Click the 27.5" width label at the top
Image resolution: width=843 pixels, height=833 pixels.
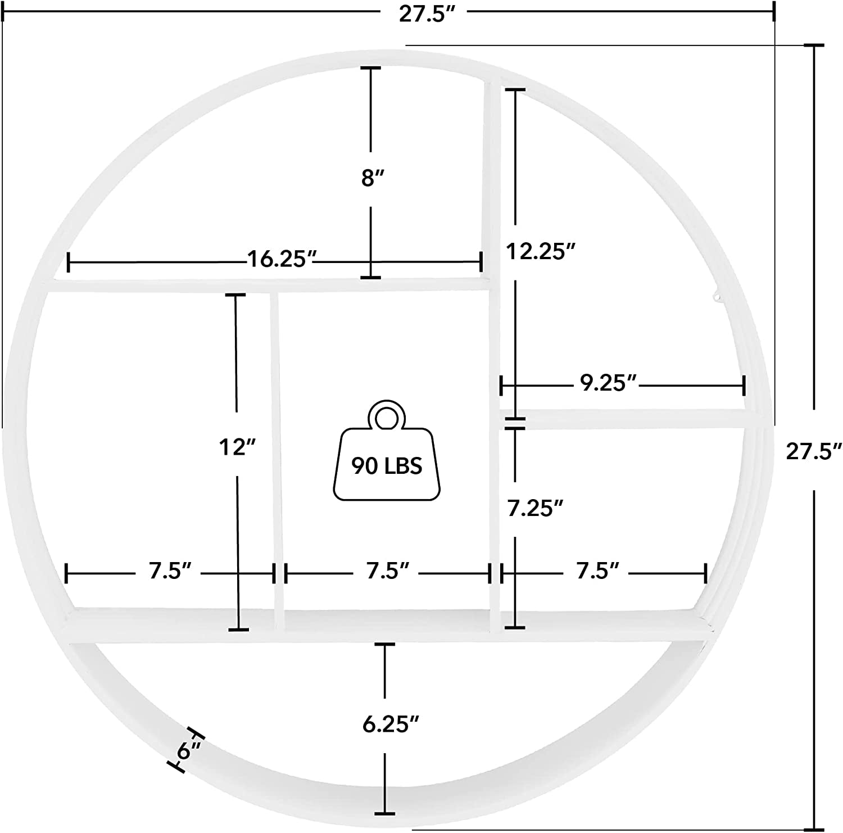pyautogui.click(x=426, y=14)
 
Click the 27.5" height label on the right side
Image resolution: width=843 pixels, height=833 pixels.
pyautogui.click(x=813, y=451)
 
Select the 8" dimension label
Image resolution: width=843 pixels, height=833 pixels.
pyautogui.click(x=371, y=179)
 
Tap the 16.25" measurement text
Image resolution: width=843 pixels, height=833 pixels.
pyautogui.click(x=283, y=260)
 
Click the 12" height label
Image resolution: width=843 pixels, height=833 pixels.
pyautogui.click(x=237, y=448)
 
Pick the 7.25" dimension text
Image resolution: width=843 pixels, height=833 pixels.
pyautogui.click(x=535, y=509)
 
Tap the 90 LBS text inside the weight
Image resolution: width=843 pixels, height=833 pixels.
pyautogui.click(x=387, y=466)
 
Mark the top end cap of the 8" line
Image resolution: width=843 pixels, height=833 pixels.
pyautogui.click(x=370, y=68)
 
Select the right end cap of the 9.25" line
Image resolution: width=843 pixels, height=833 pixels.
pyautogui.click(x=744, y=386)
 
